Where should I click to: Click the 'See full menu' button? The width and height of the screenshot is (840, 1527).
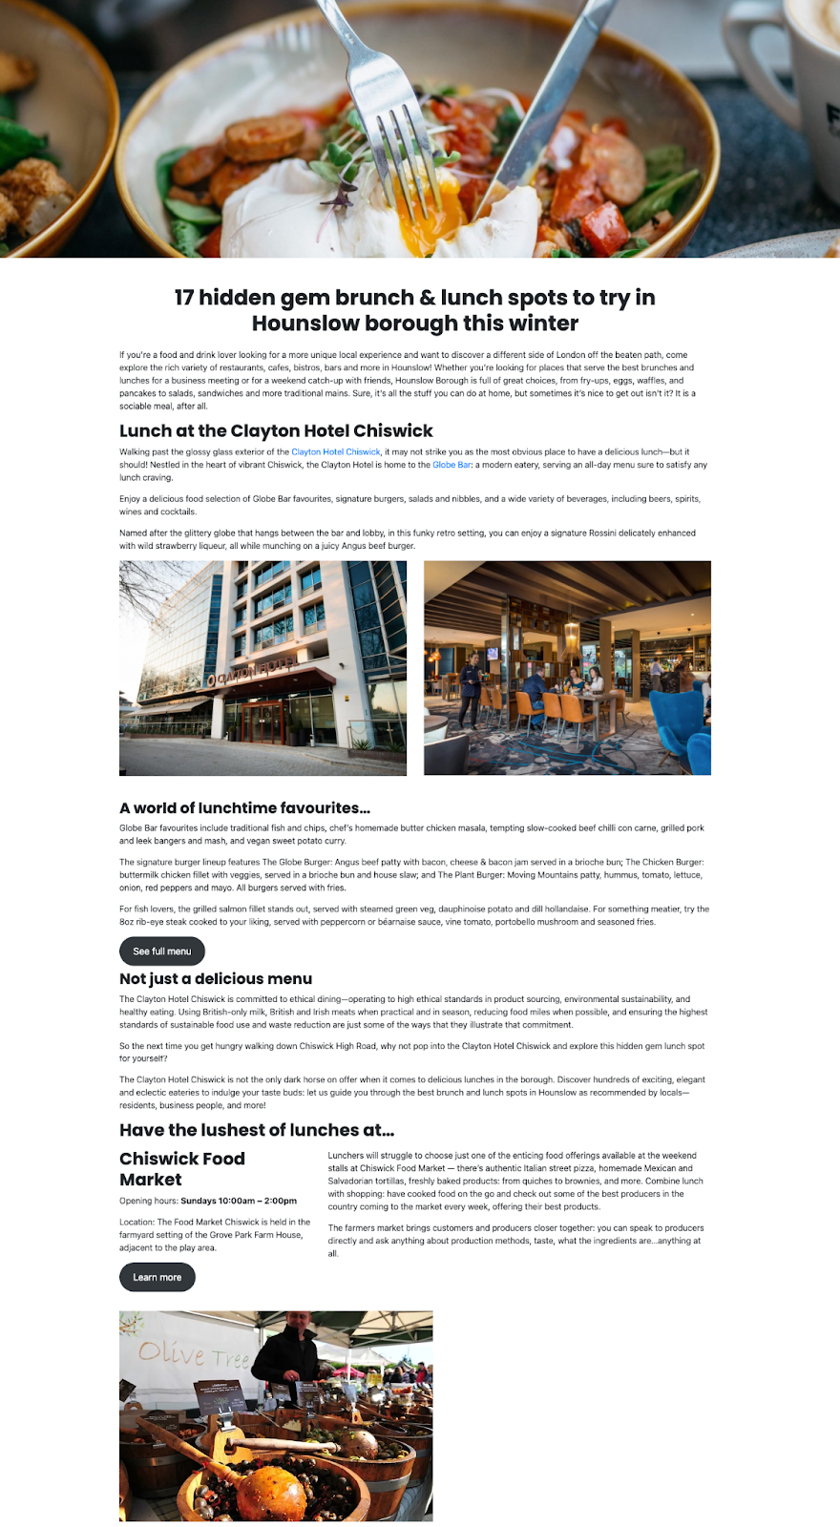click(161, 951)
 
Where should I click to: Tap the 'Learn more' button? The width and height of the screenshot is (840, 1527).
click(157, 1277)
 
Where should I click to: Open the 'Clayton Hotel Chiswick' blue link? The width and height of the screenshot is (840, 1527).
click(336, 451)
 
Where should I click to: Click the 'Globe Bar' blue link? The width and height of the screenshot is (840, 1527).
click(451, 465)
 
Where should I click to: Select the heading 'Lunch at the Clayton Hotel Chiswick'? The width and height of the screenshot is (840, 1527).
click(276, 430)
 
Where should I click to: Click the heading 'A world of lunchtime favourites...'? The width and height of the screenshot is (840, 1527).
click(244, 807)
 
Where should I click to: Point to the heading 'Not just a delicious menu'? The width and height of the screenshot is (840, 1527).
click(216, 978)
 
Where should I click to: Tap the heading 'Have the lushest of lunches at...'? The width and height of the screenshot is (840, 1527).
click(257, 1130)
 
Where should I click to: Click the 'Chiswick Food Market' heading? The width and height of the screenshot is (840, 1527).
click(182, 1169)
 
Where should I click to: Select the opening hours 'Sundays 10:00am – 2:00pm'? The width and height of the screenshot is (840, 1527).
click(239, 1201)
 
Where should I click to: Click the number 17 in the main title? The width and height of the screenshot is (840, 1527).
click(184, 298)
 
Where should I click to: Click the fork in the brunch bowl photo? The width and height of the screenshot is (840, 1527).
click(401, 124)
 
